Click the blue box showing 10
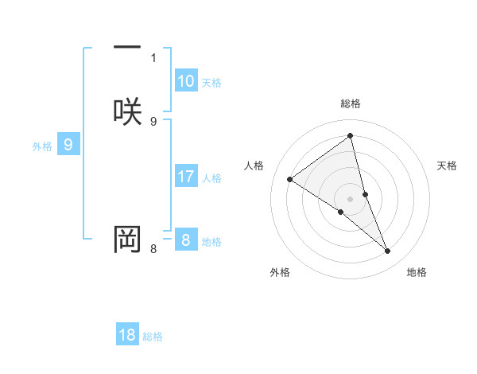point(186,81)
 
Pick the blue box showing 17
point(186,177)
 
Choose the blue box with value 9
point(68,145)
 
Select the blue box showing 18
point(127,335)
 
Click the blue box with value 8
point(186,240)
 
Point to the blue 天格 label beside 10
point(211,83)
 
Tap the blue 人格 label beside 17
point(212,178)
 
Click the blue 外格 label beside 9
point(42,146)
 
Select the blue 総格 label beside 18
point(153,337)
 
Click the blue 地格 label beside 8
point(211,242)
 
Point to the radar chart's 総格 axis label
point(351,103)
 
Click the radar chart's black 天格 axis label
point(448,166)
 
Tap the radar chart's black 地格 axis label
point(417,272)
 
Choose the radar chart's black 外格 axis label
point(280,272)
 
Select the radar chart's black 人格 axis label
point(254,166)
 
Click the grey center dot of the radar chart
point(351,197)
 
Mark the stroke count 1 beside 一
point(153,57)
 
